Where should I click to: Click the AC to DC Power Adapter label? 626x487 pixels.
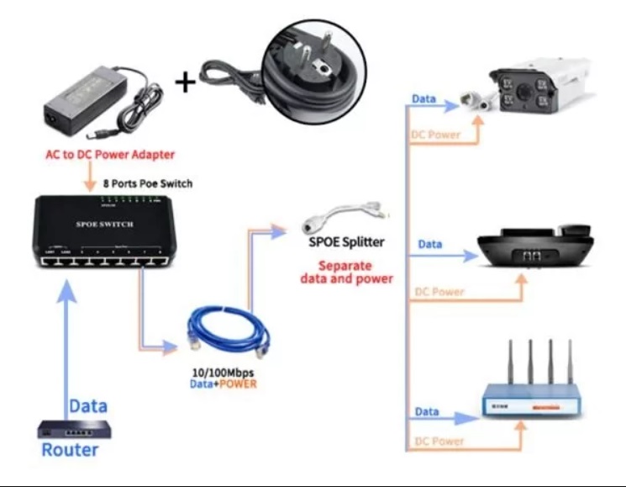click(x=110, y=155)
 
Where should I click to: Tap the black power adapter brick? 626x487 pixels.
click(x=87, y=103)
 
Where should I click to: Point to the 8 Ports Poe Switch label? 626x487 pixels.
click(x=147, y=183)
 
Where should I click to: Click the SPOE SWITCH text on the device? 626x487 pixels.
click(x=104, y=225)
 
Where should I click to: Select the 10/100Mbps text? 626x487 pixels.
click(x=222, y=372)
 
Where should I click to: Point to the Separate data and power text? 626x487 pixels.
click(x=346, y=271)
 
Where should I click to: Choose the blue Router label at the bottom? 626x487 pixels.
click(x=70, y=450)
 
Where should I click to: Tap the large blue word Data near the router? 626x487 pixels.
click(x=88, y=405)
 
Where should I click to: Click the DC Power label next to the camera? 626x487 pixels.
click(x=436, y=135)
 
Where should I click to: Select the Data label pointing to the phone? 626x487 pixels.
click(x=430, y=244)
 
